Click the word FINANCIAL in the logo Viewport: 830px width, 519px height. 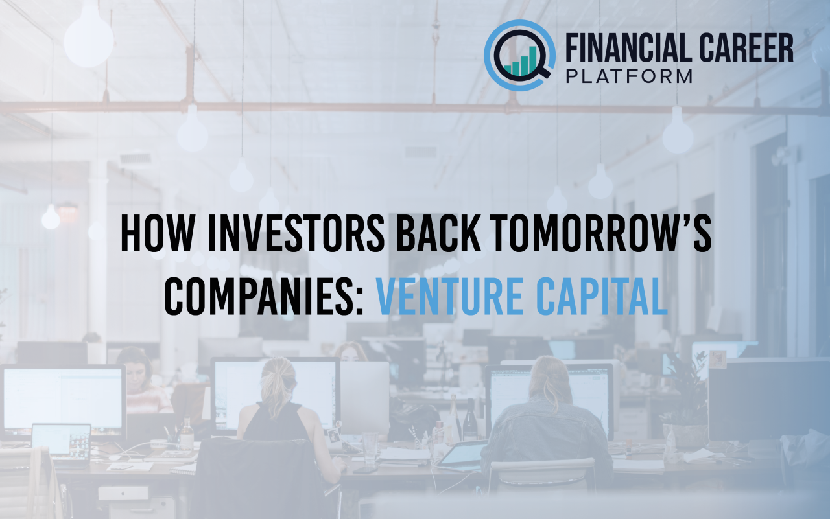click(x=621, y=49)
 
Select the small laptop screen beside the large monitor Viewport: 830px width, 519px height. click(x=62, y=441)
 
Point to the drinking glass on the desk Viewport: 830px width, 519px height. click(x=370, y=446)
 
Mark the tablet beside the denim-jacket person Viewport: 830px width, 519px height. click(x=462, y=454)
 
